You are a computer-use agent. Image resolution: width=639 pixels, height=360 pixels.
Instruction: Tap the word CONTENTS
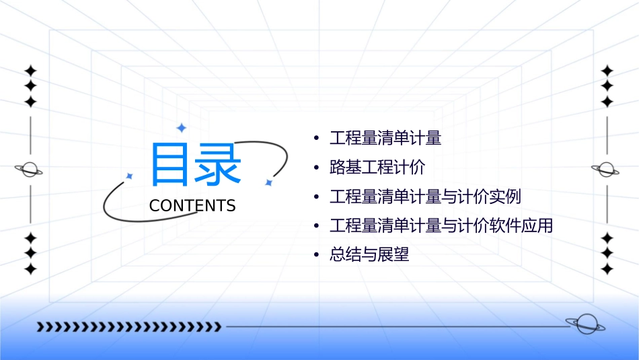point(192,206)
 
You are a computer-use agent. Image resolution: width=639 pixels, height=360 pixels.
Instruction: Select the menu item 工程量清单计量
point(385,139)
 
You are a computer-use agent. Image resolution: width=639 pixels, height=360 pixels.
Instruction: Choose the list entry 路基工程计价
point(377,168)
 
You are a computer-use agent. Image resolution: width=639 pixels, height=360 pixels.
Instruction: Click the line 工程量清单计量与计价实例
point(425,197)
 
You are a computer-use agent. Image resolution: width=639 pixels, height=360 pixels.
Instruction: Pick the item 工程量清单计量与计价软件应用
point(441,226)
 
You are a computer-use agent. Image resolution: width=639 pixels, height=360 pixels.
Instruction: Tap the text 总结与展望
point(369,255)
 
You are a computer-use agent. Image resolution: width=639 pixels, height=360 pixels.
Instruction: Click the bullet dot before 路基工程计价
point(316,168)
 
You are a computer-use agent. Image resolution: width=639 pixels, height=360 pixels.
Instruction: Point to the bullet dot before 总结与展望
point(316,256)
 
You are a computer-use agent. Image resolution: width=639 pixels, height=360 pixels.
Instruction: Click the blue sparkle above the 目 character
point(180,128)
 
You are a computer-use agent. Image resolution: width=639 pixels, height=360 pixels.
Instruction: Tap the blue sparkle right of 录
point(268,182)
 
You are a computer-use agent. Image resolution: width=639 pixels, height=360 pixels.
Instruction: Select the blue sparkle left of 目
point(129,176)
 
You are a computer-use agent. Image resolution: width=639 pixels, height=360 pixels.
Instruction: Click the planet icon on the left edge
point(30,170)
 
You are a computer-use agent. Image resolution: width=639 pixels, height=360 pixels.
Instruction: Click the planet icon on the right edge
point(606,170)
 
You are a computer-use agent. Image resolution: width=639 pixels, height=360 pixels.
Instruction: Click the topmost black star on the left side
point(30,71)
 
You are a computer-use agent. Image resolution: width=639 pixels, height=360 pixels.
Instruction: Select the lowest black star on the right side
point(607,269)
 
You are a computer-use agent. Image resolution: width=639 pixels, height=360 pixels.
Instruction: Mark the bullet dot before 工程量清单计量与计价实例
point(316,198)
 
